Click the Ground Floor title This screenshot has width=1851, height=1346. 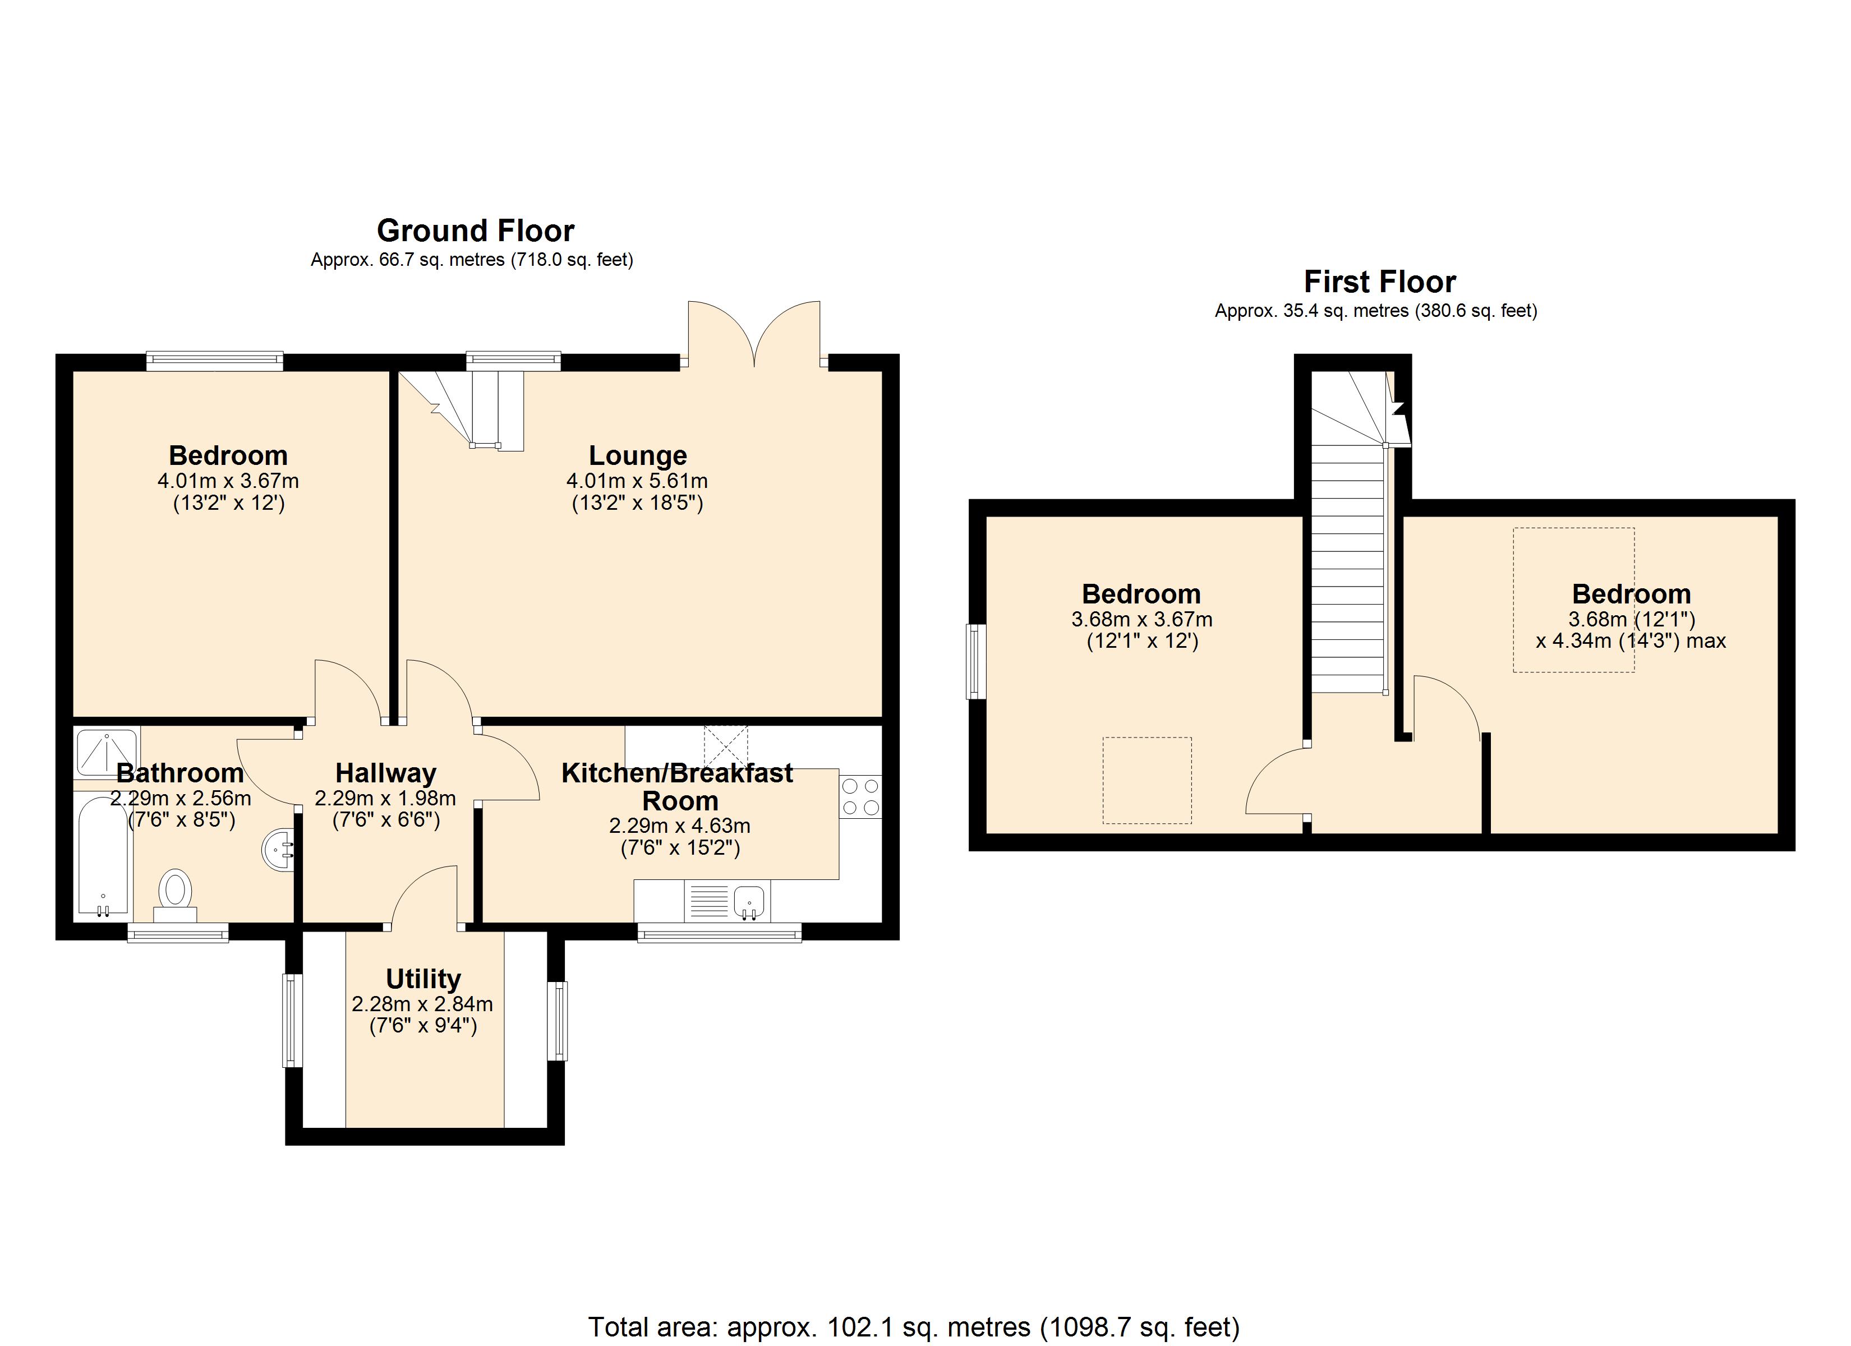[475, 231]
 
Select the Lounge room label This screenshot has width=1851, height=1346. [637, 455]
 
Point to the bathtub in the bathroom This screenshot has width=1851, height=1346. [103, 855]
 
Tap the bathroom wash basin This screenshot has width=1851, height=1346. [278, 851]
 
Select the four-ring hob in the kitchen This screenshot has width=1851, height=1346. [860, 796]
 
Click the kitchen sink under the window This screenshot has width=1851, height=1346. [749, 902]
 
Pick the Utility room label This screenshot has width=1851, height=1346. [423, 978]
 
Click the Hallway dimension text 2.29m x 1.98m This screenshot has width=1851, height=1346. [385, 798]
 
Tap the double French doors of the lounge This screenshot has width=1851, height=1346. [754, 335]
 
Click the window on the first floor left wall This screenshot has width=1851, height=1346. [975, 661]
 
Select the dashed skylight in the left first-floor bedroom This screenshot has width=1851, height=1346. [1146, 780]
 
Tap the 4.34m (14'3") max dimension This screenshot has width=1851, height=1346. [1630, 641]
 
